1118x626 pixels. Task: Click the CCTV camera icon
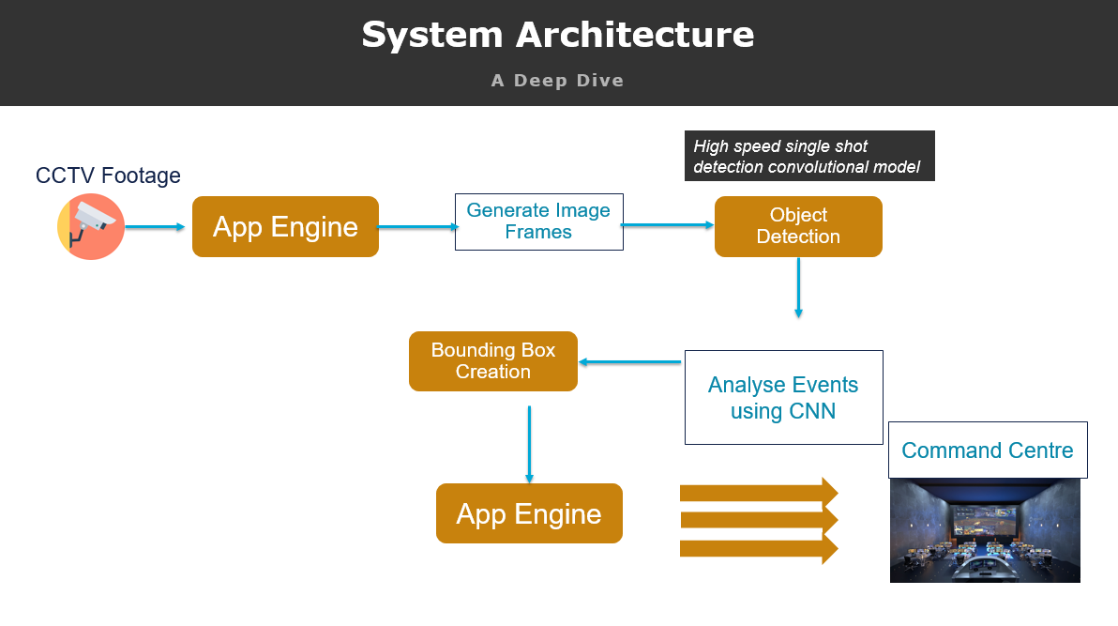point(90,226)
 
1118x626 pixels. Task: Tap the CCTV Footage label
point(108,176)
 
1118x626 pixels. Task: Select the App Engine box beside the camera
point(285,226)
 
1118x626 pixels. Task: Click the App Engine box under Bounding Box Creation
point(529,513)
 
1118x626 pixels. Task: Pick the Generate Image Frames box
point(538,221)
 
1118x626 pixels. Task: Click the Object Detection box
point(798,226)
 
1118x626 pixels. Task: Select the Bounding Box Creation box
point(492,361)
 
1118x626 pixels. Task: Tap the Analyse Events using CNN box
point(783,397)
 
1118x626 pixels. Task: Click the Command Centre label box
point(987,450)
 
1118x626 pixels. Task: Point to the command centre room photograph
point(984,531)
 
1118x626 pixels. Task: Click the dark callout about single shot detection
point(809,156)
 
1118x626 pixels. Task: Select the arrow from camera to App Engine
point(155,226)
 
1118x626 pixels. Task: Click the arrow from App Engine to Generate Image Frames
point(416,226)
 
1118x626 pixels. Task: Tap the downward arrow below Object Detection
point(798,287)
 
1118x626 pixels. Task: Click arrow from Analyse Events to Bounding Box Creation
point(629,362)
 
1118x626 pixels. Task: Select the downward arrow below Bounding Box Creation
point(529,444)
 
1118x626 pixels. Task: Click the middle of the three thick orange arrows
point(758,520)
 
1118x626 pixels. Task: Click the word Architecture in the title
point(634,36)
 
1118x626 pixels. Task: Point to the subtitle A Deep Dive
point(557,81)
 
